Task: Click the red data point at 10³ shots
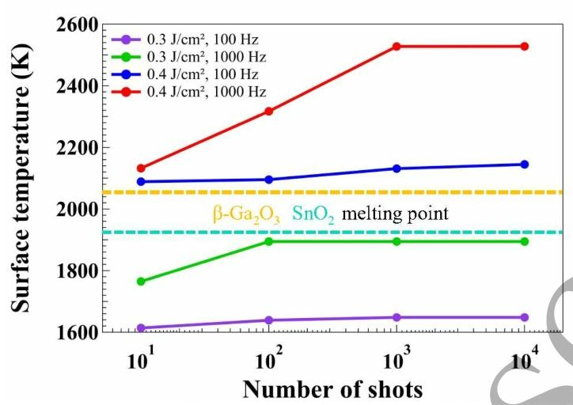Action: pyautogui.click(x=397, y=47)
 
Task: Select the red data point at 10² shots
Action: pyautogui.click(x=269, y=111)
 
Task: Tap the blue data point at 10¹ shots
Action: pyautogui.click(x=141, y=182)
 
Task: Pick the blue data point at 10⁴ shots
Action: pyautogui.click(x=524, y=165)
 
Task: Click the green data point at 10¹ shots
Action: pyautogui.click(x=141, y=281)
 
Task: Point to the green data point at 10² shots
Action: pyautogui.click(x=269, y=241)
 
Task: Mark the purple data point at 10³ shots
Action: pyautogui.click(x=397, y=317)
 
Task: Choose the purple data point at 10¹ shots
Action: pyautogui.click(x=141, y=327)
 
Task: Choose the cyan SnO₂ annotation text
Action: pyautogui.click(x=314, y=214)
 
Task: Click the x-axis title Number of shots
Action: pyautogui.click(x=332, y=389)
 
